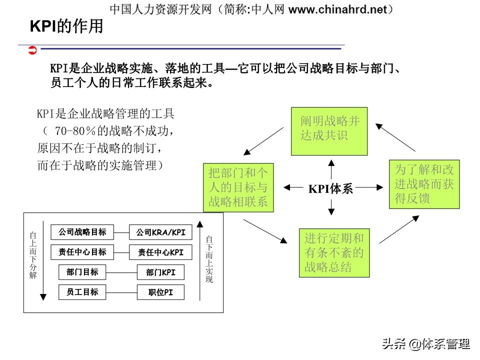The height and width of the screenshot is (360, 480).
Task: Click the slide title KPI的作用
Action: pos(66,26)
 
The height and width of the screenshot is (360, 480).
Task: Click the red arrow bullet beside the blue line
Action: pos(32,49)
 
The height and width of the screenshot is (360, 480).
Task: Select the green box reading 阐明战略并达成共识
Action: pos(329,131)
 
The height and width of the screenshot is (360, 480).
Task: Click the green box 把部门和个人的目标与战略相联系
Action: pos(238,187)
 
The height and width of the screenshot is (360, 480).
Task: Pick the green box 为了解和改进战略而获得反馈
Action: pos(424,184)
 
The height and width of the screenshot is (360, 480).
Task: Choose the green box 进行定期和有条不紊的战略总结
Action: pos(334,252)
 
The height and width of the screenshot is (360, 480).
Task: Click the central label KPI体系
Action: pos(330,188)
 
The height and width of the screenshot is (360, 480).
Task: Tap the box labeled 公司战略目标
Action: pos(82,232)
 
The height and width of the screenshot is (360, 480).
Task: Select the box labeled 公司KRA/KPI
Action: pos(160,232)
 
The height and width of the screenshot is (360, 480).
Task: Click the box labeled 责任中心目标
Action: pos(82,252)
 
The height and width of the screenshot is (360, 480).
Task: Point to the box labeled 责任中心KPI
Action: pos(160,252)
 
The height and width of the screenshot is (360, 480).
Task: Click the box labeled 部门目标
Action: pos(82,272)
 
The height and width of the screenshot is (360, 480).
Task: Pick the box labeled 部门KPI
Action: pos(160,272)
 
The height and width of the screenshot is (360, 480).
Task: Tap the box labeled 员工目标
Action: pos(82,292)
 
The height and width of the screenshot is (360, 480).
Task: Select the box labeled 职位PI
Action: pos(160,292)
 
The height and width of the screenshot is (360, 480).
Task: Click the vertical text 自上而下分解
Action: pos(33,255)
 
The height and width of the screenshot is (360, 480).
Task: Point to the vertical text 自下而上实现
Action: pos(209,259)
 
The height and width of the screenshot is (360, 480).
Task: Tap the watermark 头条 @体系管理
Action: pos(425,344)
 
